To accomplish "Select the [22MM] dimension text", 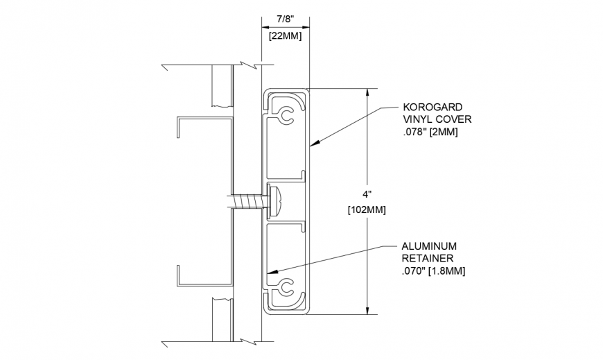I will coord(285,35).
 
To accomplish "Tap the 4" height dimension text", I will coord(367,194).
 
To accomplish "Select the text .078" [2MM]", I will coord(430,131).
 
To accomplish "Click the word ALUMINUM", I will coord(429,246).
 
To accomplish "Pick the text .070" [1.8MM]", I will coord(433,270).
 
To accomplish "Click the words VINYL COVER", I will coord(434,119).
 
